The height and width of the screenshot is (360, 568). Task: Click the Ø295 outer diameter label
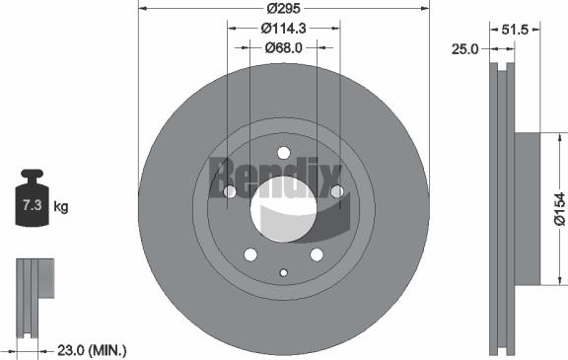283,8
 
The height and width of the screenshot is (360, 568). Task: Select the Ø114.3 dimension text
283,28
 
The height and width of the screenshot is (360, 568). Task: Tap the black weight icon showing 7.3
31,203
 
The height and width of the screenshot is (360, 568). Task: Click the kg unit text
61,207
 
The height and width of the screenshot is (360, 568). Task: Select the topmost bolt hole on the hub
283,153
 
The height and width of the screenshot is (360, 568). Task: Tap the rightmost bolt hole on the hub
335,191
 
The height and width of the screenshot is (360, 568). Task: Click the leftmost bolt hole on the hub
231,191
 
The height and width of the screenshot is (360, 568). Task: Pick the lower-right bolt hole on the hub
316,253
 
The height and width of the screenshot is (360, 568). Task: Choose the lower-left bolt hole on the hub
250,253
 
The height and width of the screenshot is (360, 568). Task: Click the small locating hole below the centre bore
283,273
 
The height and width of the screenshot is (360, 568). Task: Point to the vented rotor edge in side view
503,207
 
